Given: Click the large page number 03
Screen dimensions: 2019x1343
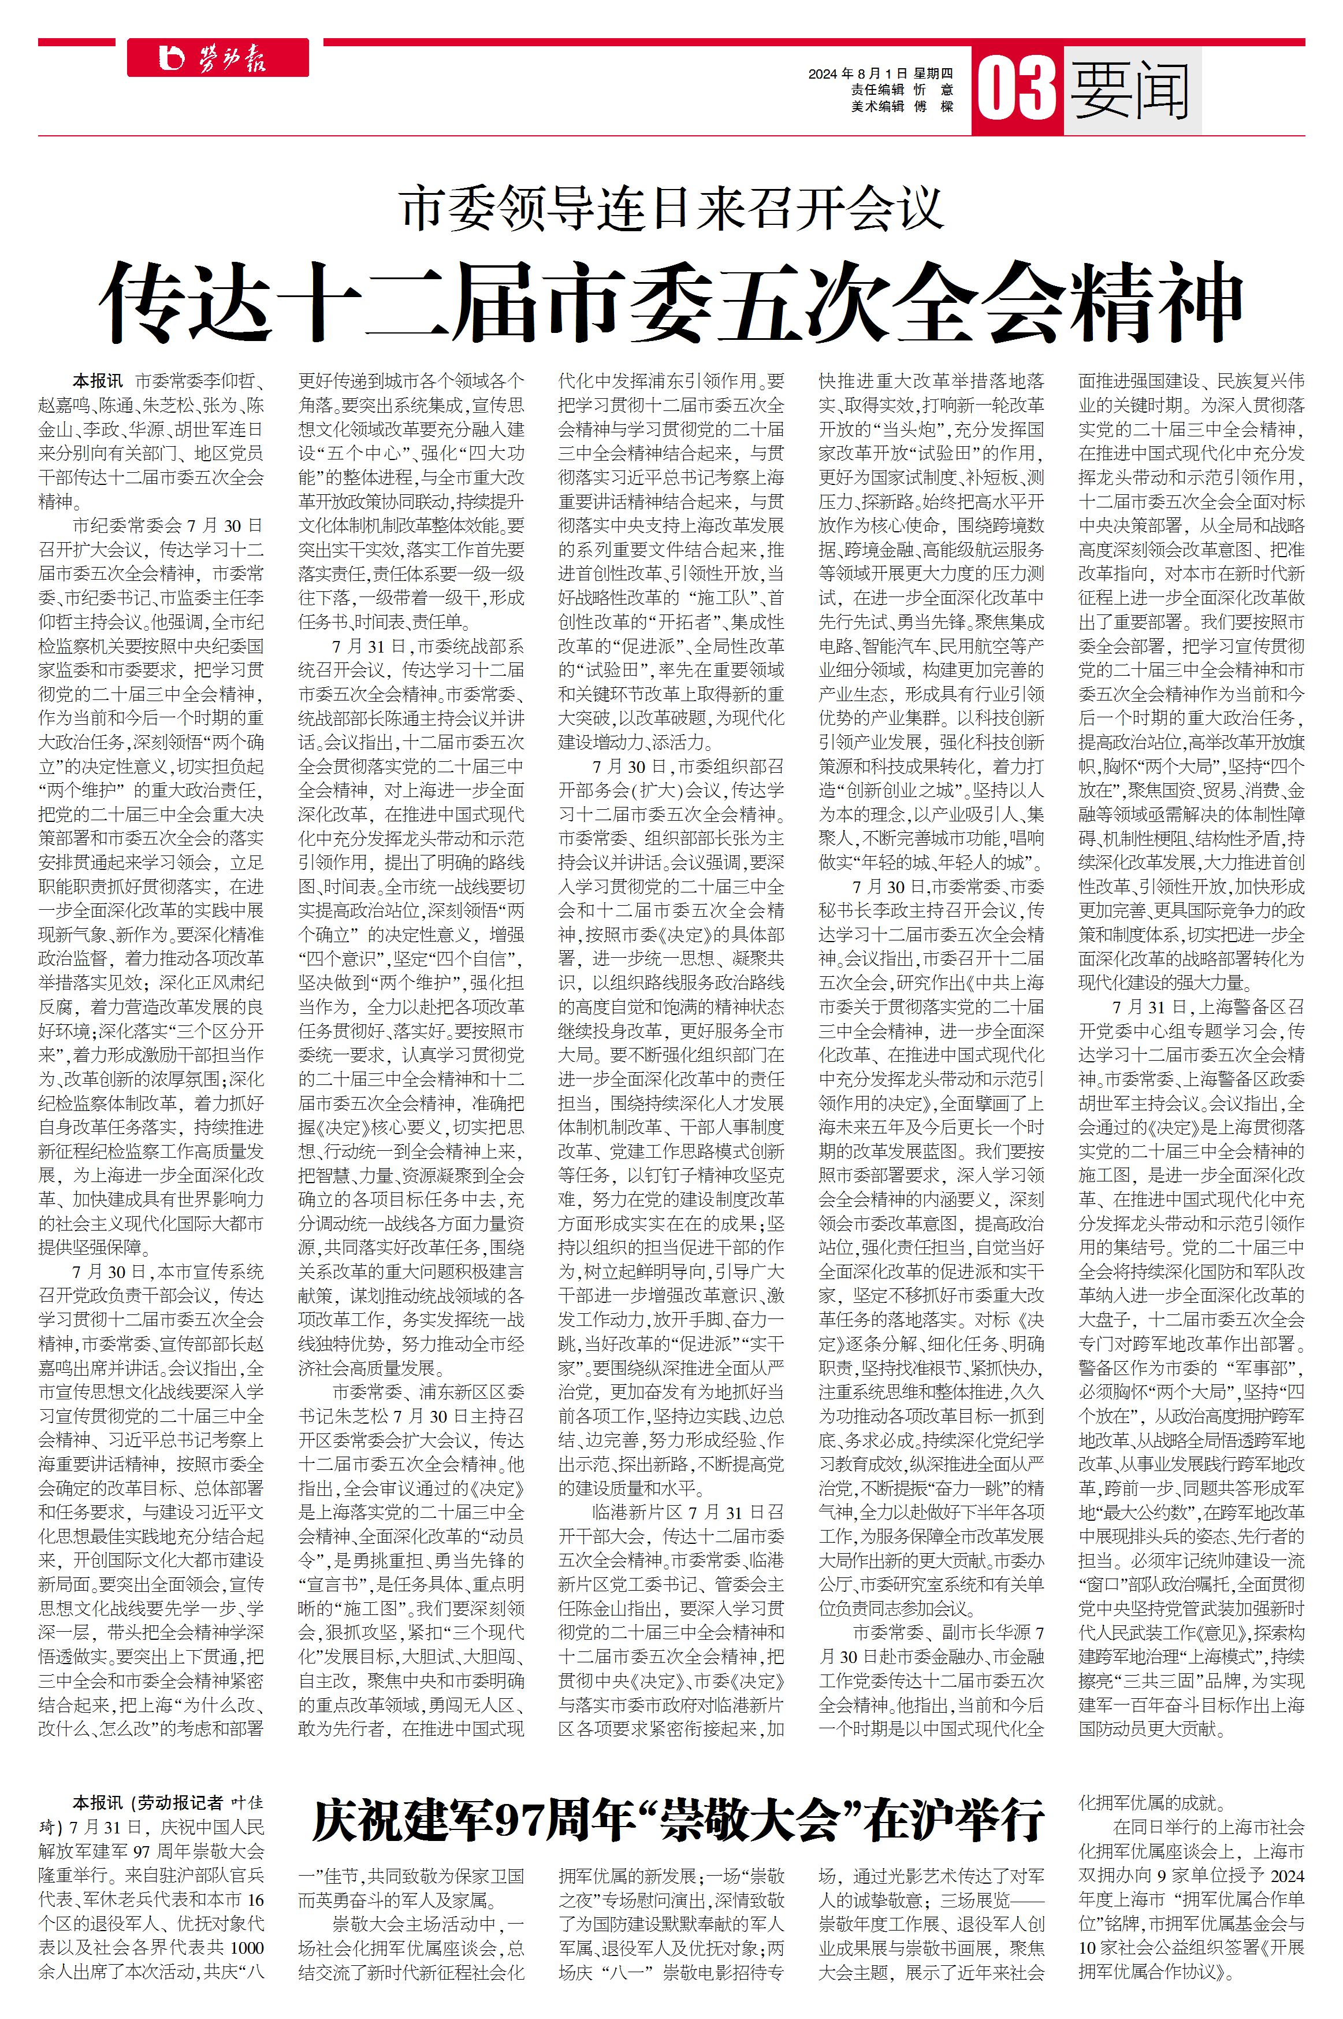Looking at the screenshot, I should tap(1016, 88).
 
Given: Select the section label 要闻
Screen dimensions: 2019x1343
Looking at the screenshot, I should tap(1130, 89).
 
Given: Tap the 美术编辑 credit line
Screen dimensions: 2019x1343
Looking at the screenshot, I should tap(901, 106).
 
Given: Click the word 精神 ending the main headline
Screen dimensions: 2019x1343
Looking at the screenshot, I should tap(1151, 303).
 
